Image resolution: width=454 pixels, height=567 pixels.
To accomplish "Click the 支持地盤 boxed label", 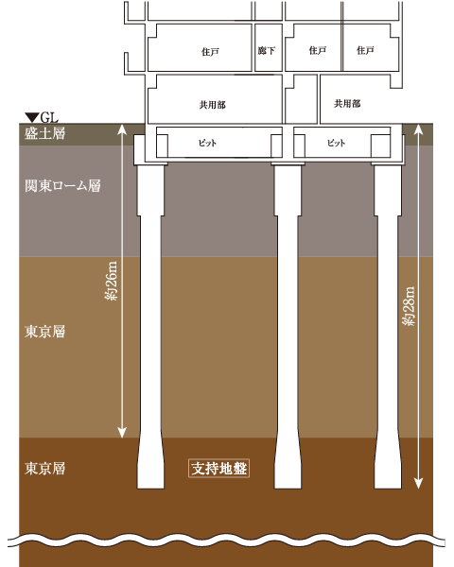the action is point(219,469).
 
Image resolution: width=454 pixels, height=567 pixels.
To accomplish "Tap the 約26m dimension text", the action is point(111,281).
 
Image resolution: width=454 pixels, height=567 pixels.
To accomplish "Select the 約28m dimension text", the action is point(409,306).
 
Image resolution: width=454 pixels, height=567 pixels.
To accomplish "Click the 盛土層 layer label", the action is point(44,133).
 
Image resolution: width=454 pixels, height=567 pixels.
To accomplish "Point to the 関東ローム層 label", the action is point(62,185).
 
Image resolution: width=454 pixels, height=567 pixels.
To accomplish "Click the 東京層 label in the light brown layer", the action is point(44,332).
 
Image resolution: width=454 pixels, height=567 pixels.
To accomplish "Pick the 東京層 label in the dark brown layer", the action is point(44,469).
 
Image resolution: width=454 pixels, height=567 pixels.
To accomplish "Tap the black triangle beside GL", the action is point(32,117).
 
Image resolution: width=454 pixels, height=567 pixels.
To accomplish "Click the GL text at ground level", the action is point(49,117).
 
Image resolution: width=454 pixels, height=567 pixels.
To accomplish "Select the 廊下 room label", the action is point(267,50).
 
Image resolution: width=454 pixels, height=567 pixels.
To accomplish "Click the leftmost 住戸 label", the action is point(210,52).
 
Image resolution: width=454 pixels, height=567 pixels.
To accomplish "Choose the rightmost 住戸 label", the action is point(365,50).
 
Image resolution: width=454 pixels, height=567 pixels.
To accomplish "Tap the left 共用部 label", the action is point(212,105).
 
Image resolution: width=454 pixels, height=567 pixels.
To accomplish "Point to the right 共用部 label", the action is point(347,103).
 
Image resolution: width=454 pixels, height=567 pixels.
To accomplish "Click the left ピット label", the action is point(207,143).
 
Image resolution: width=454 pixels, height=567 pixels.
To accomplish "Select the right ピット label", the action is point(336,143).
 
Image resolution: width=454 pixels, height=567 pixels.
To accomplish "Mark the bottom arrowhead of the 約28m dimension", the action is point(418,484).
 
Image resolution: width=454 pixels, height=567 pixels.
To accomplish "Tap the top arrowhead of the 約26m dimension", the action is point(122,129).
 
